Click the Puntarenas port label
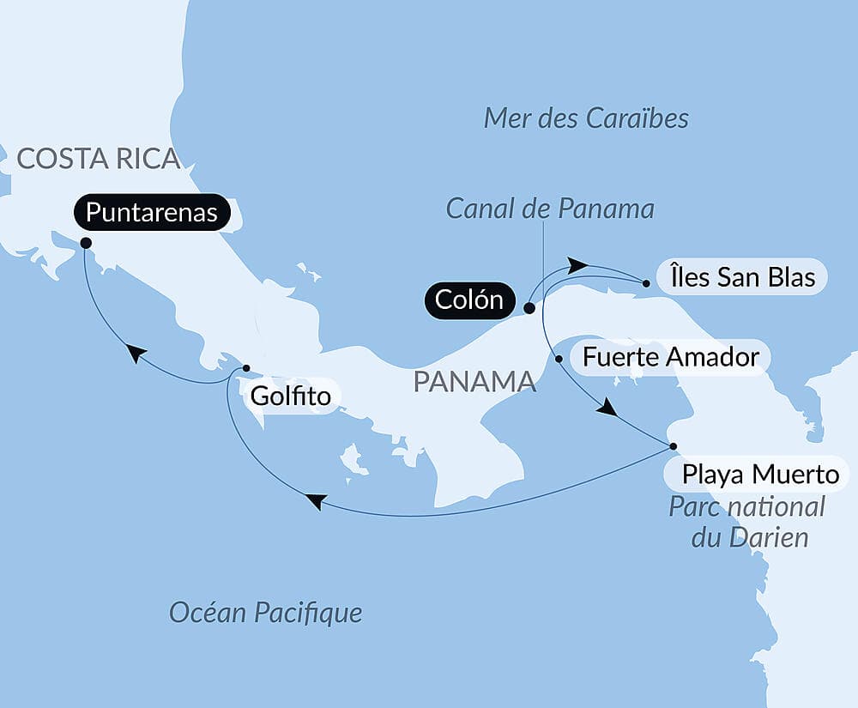(x=152, y=212)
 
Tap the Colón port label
(x=468, y=300)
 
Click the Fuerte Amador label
(x=671, y=356)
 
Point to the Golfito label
(x=290, y=397)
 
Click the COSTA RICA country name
(x=98, y=159)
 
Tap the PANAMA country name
(x=474, y=382)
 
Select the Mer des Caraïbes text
(x=586, y=118)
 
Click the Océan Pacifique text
(x=265, y=612)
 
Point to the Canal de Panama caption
(x=550, y=208)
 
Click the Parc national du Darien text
(x=746, y=522)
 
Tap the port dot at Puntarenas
(x=86, y=243)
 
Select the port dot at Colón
(x=529, y=307)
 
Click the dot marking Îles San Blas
(x=646, y=281)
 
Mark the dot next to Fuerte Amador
(x=559, y=359)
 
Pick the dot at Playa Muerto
(x=673, y=446)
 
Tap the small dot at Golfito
(x=246, y=368)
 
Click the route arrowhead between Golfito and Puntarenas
(x=135, y=353)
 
